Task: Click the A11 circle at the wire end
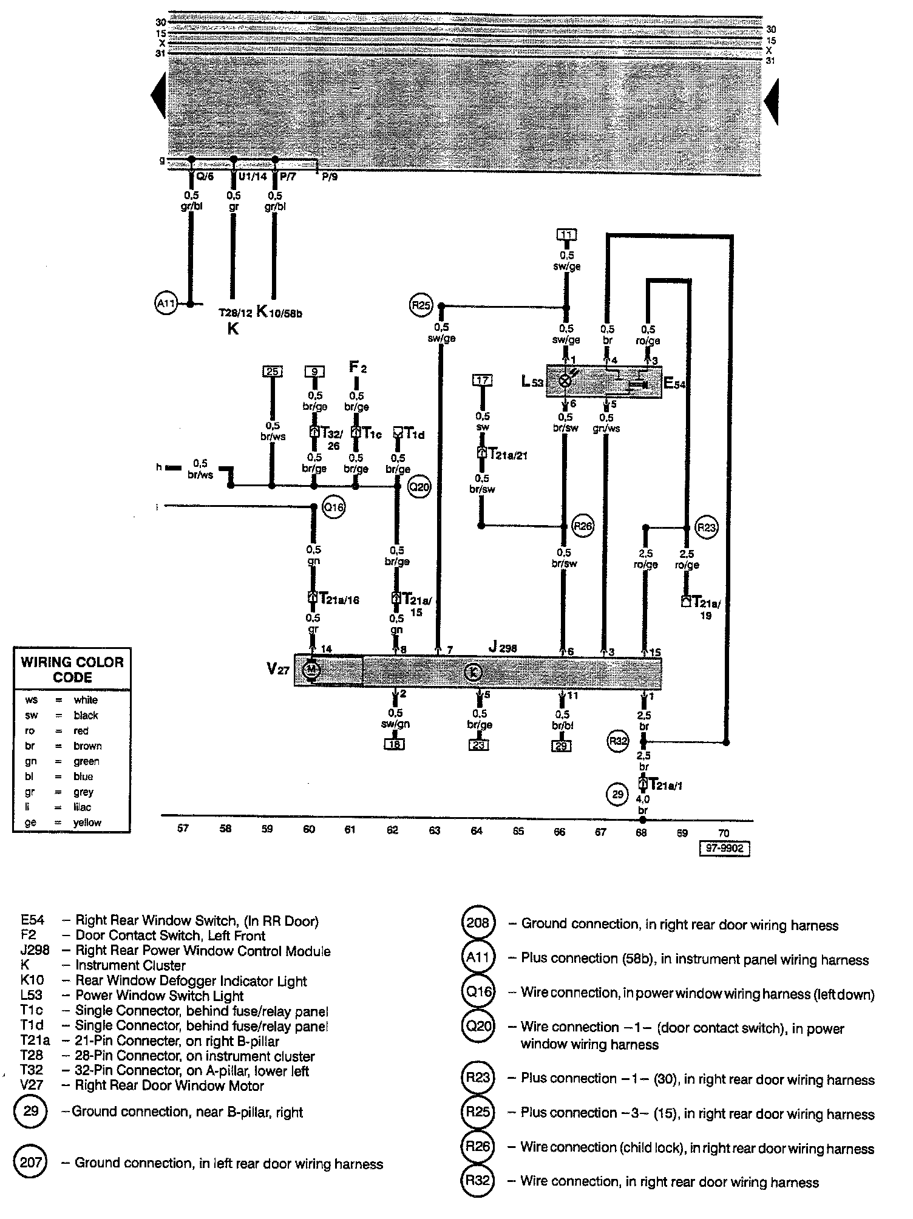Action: point(166,304)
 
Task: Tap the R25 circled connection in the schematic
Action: point(421,305)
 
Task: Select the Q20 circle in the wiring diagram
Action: point(418,486)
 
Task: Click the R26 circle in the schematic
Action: point(582,526)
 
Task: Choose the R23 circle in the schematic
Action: point(707,528)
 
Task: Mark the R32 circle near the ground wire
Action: point(619,741)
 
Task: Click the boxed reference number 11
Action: point(566,235)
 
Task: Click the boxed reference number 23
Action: point(479,744)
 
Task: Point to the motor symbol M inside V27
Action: point(311,670)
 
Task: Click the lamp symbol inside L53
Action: point(565,381)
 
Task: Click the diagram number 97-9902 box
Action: point(724,849)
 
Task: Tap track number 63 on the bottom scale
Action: point(435,830)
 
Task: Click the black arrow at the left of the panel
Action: point(158,95)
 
